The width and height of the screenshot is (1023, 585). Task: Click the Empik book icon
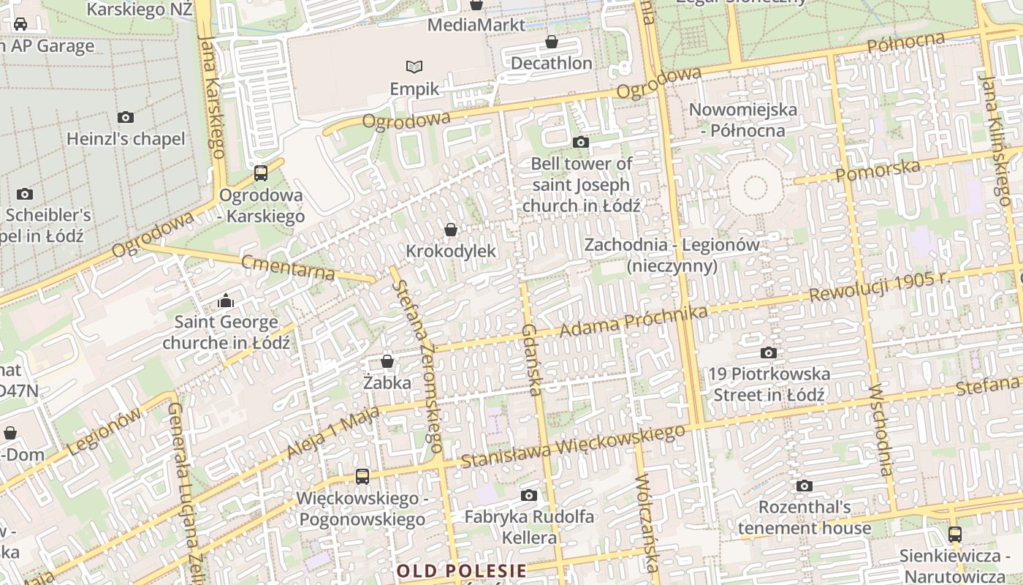click(x=414, y=67)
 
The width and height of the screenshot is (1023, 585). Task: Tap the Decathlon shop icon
click(x=552, y=42)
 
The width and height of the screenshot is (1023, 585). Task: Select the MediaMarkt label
click(x=476, y=25)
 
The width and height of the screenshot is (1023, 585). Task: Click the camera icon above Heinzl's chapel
click(x=126, y=117)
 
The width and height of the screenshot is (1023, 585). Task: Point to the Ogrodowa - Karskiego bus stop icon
click(x=261, y=173)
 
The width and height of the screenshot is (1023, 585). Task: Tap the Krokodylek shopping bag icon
click(x=451, y=230)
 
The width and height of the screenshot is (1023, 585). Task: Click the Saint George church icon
click(x=226, y=301)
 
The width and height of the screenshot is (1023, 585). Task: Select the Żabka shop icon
click(x=387, y=361)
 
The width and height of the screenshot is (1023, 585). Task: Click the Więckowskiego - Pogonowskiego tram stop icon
click(x=362, y=477)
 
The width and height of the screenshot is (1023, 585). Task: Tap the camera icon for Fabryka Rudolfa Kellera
click(x=529, y=496)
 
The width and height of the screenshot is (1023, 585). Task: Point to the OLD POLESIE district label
click(x=461, y=570)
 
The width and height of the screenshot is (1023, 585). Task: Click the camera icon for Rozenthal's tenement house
click(x=804, y=486)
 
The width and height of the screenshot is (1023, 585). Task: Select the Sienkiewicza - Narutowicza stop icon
click(x=954, y=535)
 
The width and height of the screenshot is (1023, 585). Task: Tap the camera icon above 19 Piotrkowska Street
click(x=768, y=353)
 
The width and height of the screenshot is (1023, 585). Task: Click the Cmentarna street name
click(x=288, y=268)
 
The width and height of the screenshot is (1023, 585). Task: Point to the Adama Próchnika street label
click(x=634, y=322)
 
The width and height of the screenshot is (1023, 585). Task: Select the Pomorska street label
click(x=878, y=171)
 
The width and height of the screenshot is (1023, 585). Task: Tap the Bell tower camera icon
click(x=581, y=142)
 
